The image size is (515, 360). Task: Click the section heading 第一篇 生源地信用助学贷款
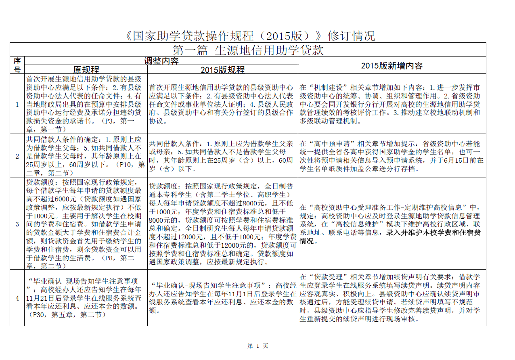pyautogui.click(x=248, y=50)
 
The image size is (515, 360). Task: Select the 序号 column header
pyautogui.click(x=17, y=65)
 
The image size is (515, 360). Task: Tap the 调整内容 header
pyautogui.click(x=161, y=61)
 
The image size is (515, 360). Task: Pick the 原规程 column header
pyautogui.click(x=86, y=69)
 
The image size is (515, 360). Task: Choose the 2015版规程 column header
pyautogui.click(x=222, y=69)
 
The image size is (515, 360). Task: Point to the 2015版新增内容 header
pyautogui.click(x=391, y=65)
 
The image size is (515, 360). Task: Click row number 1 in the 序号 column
pyautogui.click(x=17, y=105)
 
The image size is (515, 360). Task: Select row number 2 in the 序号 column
pyautogui.click(x=17, y=156)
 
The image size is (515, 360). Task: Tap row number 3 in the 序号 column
pyautogui.click(x=17, y=224)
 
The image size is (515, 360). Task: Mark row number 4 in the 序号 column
pyautogui.click(x=17, y=298)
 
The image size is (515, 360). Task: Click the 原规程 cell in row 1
pyautogui.click(x=86, y=104)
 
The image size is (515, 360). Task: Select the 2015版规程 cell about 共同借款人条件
pyautogui.click(x=222, y=156)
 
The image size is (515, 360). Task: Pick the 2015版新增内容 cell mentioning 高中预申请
pyautogui.click(x=391, y=156)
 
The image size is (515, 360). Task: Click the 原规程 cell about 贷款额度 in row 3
pyautogui.click(x=86, y=224)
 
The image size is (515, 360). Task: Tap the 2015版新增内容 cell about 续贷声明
pyautogui.click(x=391, y=298)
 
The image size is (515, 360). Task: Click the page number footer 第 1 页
pyautogui.click(x=257, y=346)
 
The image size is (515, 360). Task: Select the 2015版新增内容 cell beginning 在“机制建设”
pyautogui.click(x=391, y=104)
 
